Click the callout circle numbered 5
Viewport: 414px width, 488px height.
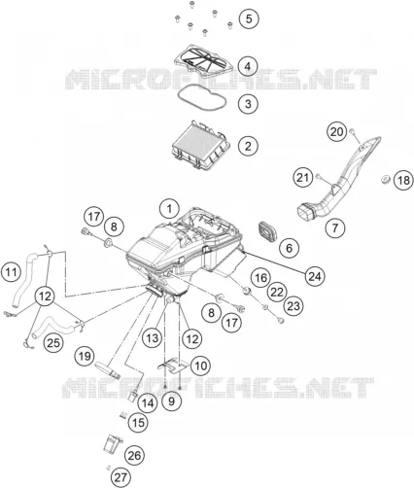coord(249,18)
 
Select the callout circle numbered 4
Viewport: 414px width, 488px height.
coord(248,66)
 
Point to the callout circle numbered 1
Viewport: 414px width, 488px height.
coord(169,209)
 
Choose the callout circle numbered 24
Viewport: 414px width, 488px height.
coord(315,276)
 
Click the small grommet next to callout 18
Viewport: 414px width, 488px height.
coord(386,179)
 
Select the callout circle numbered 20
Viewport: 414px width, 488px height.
coord(336,132)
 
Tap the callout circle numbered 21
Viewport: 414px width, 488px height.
coord(303,177)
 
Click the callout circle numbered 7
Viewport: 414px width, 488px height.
coord(335,227)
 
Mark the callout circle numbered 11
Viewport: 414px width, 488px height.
coord(12,271)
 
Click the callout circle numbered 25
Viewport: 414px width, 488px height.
coord(53,342)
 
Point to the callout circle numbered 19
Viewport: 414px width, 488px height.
coord(85,357)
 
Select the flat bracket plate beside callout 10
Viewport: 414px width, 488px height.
coord(174,366)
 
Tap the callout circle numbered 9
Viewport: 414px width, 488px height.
coord(171,401)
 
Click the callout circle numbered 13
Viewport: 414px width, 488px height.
coord(153,338)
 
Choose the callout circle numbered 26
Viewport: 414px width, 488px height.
coord(134,456)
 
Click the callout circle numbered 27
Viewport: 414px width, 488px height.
coord(121,477)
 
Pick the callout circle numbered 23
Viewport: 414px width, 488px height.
coord(293,306)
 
